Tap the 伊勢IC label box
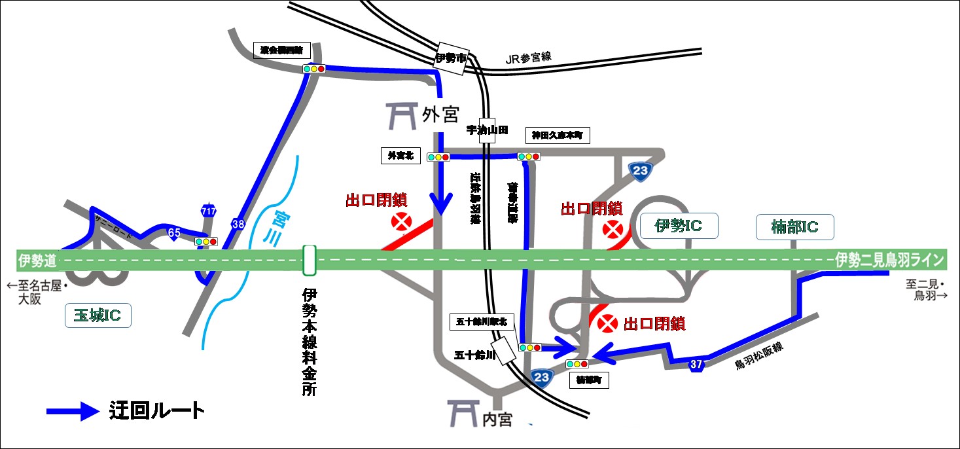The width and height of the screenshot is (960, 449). coord(679,226)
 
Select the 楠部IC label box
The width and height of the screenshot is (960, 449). coord(795,227)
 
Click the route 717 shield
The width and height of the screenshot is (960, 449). coord(209,211)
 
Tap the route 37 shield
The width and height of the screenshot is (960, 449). coord(696,365)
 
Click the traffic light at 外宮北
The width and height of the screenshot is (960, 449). coord(438,157)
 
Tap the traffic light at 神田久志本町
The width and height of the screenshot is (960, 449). coord(528,156)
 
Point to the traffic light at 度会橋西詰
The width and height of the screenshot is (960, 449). coord(314,68)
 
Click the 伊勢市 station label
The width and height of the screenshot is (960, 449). coord(451,58)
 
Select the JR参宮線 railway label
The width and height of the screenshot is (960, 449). coord(529,58)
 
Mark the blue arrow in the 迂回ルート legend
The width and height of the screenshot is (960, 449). coord(73,412)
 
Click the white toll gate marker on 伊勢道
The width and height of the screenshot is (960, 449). coord(310,260)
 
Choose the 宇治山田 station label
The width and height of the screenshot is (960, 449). coord(487,130)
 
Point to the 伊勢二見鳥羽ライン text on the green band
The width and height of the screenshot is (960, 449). coord(889,260)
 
